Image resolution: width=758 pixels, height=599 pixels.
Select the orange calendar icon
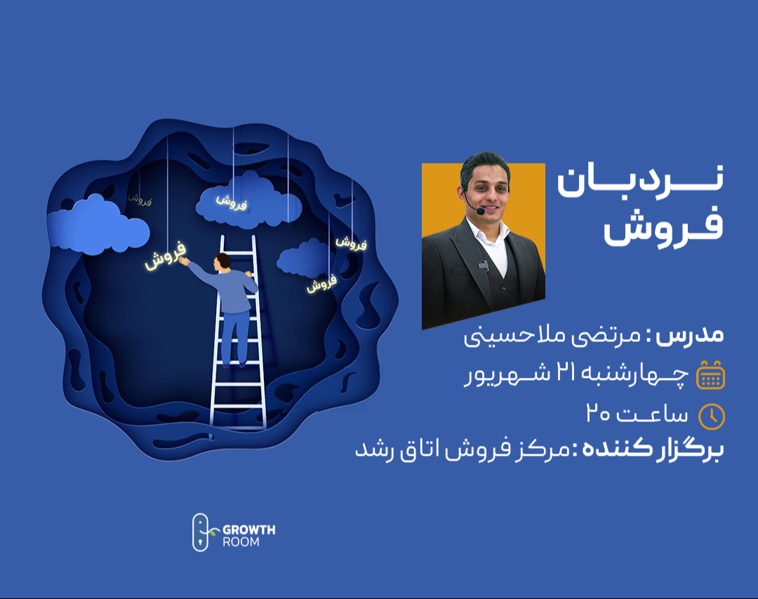(x=710, y=375)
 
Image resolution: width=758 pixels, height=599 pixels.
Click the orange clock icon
(x=712, y=416)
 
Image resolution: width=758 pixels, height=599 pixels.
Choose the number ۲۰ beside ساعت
(x=601, y=414)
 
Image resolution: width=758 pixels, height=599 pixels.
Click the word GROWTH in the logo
(x=248, y=529)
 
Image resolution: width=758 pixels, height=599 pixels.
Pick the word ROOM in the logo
(x=241, y=542)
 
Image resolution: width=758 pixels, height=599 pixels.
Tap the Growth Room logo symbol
(x=201, y=532)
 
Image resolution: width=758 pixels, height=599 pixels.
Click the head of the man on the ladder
(x=222, y=261)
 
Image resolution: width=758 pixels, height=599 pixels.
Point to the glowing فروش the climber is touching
(x=166, y=256)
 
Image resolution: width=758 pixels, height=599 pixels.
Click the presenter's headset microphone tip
(x=480, y=211)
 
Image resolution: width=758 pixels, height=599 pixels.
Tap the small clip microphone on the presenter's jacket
(x=483, y=265)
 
